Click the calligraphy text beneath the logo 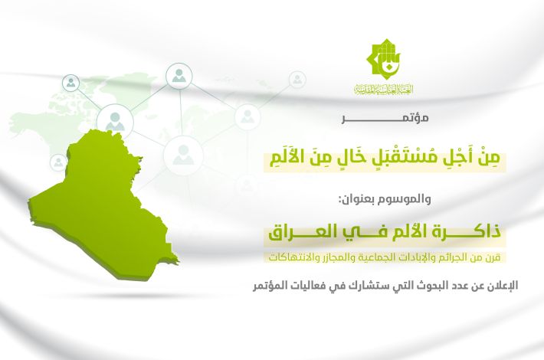coord(383,89)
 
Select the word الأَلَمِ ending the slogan coord(287,158)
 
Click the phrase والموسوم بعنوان coord(385,200)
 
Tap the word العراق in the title coord(297,231)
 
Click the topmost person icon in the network coord(179,76)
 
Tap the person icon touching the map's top coord(115,121)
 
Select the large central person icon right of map coord(183,155)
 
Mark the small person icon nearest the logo coord(297,80)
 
